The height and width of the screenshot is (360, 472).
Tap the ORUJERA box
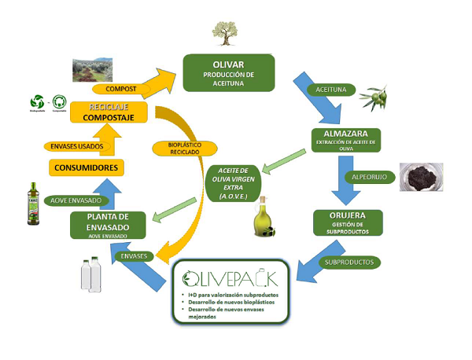tap(348, 222)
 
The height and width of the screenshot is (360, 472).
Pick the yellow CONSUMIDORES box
tap(87, 167)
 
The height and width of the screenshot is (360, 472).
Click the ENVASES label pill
tap(131, 255)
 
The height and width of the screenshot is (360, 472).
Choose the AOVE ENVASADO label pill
tap(67, 200)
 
